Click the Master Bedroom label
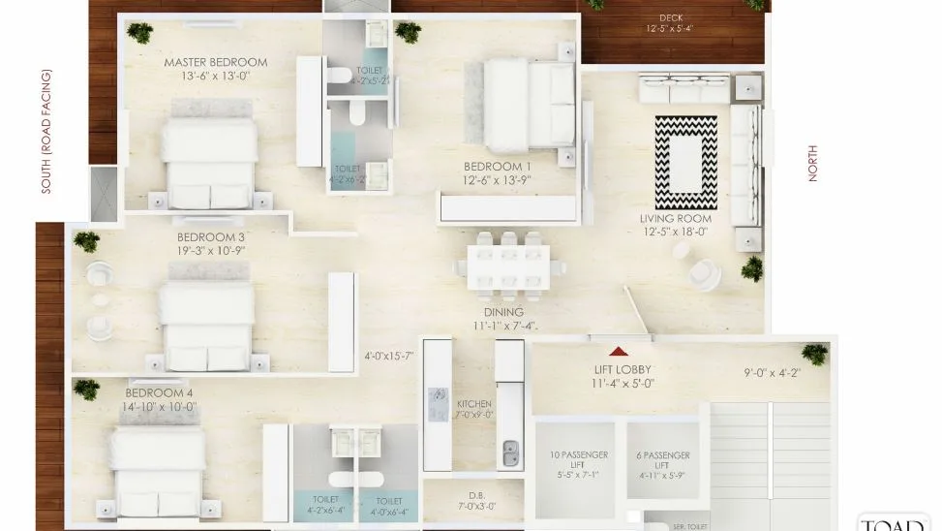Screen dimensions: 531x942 [x=215, y=63]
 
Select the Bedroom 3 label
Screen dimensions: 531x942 [x=210, y=236]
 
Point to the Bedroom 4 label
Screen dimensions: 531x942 [x=160, y=392]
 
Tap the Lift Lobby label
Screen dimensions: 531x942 [x=622, y=370]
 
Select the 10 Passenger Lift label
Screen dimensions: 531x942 [x=573, y=455]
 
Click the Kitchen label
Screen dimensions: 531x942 [x=474, y=403]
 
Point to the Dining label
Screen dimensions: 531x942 [x=504, y=312]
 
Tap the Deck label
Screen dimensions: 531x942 [x=670, y=17]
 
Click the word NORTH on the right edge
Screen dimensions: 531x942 [x=812, y=163]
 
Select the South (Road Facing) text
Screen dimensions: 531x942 [x=47, y=131]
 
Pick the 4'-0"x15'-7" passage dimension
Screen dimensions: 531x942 [x=388, y=356]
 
